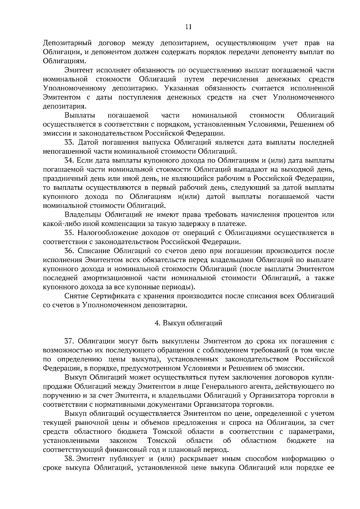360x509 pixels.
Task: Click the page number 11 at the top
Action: tap(188, 27)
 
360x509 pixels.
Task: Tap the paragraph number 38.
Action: tap(69, 458)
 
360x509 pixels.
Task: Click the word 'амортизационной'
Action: tap(107, 278)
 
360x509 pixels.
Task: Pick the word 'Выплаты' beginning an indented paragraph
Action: tap(80, 115)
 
